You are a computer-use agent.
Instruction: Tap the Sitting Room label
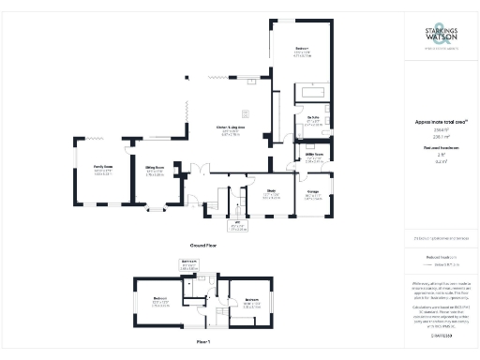pyautogui.click(x=155, y=172)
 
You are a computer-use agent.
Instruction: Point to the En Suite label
pyautogui.click(x=315, y=122)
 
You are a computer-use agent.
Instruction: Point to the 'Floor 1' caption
pyautogui.click(x=202, y=342)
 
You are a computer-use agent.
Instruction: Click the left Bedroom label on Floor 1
pyautogui.click(x=159, y=303)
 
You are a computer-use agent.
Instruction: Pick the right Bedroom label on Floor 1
pyautogui.click(x=251, y=303)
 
